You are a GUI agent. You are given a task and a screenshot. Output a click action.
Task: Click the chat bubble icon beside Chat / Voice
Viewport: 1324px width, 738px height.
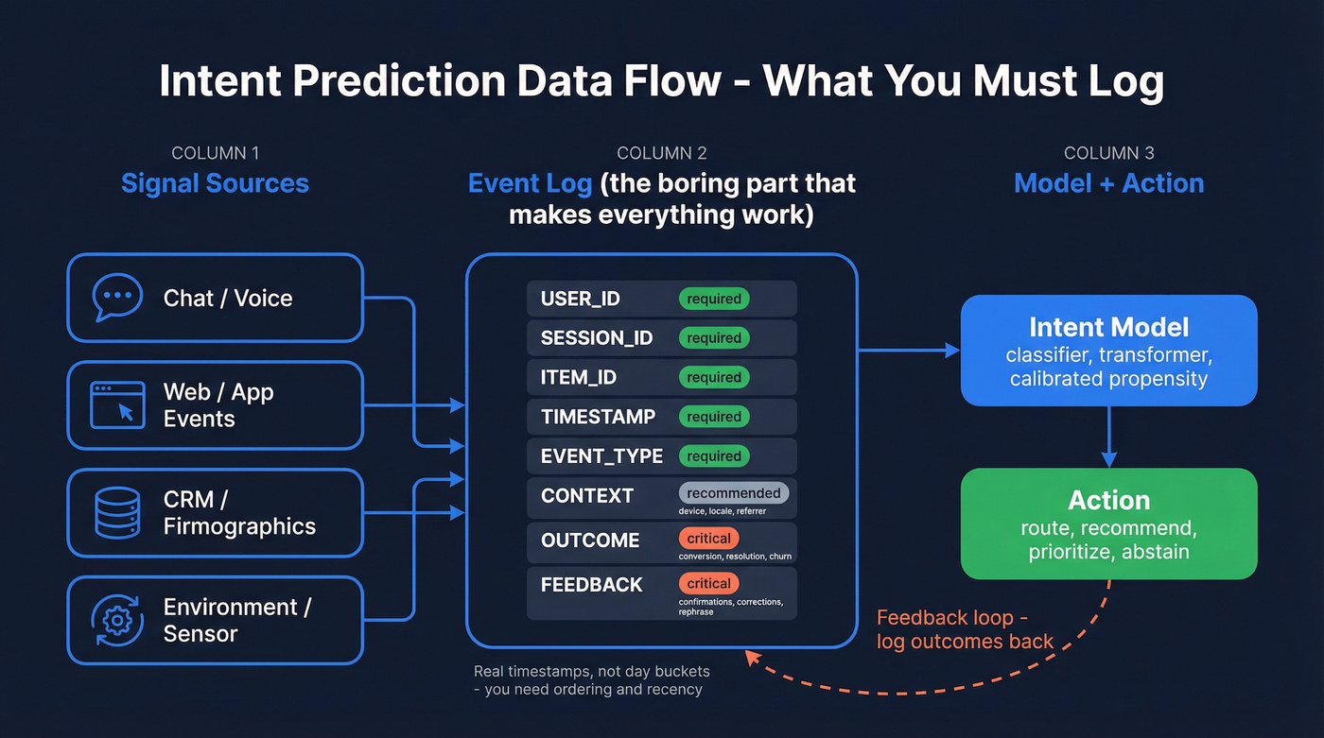pos(117,298)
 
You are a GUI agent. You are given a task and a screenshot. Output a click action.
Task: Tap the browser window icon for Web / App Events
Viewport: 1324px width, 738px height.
pos(117,405)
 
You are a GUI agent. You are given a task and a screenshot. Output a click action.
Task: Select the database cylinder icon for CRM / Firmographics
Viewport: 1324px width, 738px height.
pos(117,513)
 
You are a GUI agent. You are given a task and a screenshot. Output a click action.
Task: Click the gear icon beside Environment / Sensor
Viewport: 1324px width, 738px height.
pos(117,620)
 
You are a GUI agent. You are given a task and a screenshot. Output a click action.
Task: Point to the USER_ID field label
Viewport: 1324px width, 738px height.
pos(581,299)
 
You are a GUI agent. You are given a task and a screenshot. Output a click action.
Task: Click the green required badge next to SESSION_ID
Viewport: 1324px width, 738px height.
pos(714,338)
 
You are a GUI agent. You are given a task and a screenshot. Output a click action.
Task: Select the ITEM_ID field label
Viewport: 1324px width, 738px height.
pos(579,378)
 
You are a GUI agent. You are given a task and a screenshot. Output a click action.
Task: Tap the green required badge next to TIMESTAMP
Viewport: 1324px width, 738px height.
pos(714,417)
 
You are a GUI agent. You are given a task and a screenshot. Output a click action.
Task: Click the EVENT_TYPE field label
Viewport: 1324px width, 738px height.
pos(601,456)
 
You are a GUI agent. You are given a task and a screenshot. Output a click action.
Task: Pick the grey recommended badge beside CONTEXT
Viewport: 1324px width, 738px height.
pos(733,493)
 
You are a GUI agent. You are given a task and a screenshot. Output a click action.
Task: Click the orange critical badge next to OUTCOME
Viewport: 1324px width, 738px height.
pos(708,539)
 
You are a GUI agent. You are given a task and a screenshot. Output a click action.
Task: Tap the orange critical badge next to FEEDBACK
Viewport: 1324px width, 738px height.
pos(708,583)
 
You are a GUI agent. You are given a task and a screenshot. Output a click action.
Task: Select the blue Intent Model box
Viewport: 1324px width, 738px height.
pos(1108,351)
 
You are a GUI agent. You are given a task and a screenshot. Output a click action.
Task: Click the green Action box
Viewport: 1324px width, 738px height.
pos(1108,523)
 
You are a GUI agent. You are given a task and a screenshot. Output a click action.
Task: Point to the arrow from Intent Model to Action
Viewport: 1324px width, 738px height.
pos(1108,438)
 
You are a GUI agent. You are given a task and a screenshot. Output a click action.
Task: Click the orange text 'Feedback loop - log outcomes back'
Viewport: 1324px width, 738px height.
pos(965,630)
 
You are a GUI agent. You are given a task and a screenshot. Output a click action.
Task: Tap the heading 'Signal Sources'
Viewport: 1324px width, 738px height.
pos(215,183)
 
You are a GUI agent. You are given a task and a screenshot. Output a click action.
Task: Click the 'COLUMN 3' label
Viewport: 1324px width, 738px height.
pos(1108,153)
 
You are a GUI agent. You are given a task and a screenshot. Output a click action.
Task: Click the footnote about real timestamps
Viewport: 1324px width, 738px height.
pos(591,680)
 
